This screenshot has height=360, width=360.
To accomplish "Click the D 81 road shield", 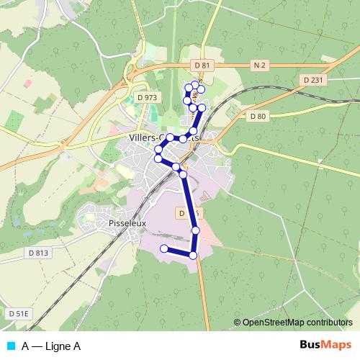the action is click(x=202, y=66).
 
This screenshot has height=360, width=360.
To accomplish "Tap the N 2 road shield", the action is click(x=260, y=66).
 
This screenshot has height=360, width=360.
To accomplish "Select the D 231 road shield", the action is click(x=313, y=79).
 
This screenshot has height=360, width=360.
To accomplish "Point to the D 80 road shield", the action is click(x=256, y=115).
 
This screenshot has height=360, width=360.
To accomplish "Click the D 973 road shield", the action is click(x=146, y=97).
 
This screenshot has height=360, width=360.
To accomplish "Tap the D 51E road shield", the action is click(x=19, y=314).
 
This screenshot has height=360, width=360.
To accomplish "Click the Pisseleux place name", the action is click(x=127, y=223).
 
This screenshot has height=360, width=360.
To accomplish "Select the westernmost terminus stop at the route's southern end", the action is click(x=163, y=249).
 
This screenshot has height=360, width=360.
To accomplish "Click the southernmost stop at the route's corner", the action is click(x=193, y=256).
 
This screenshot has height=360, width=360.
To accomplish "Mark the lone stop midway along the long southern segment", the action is click(x=196, y=230).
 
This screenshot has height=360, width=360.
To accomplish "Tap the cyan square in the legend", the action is click(x=10, y=346).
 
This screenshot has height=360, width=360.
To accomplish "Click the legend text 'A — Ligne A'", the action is click(x=51, y=346).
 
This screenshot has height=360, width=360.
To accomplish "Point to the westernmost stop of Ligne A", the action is click(x=158, y=157).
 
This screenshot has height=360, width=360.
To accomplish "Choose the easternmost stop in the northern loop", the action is click(x=202, y=108).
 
